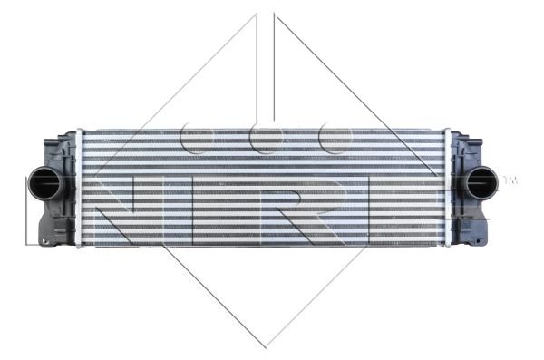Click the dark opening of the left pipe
45,184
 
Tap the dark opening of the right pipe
481,182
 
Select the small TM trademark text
510,180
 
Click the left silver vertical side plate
79,188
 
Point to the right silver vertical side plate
448,188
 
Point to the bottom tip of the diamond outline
266,348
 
